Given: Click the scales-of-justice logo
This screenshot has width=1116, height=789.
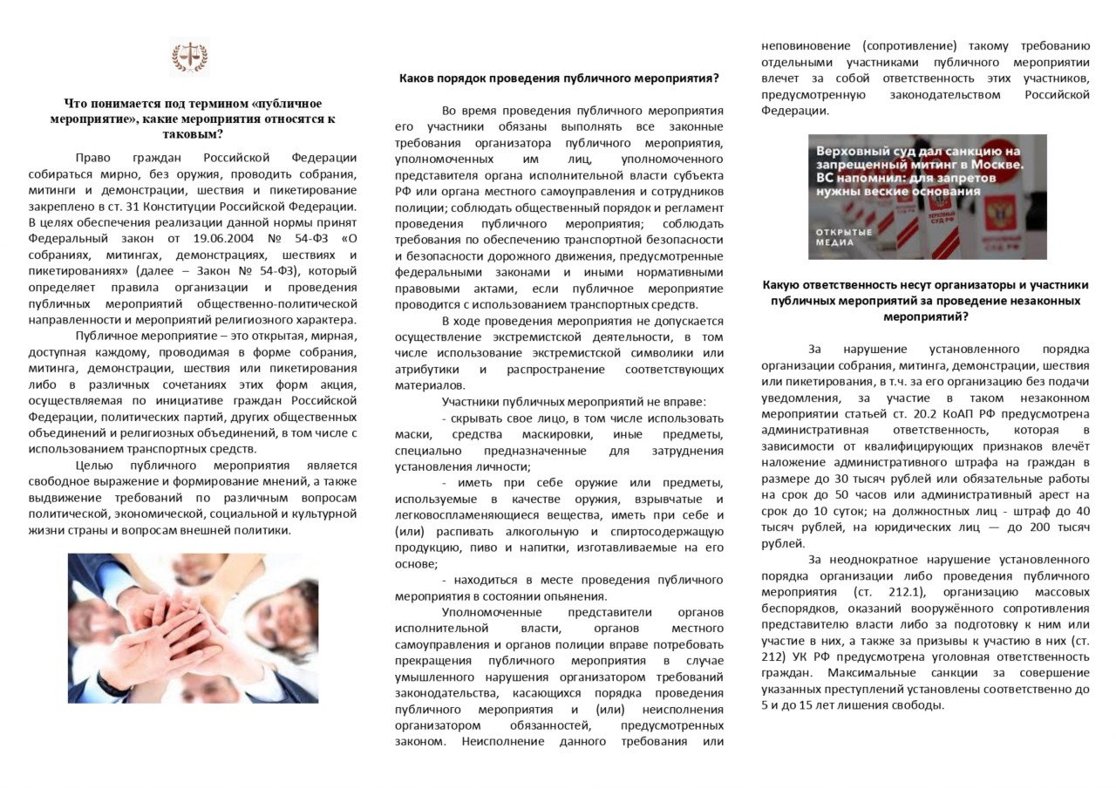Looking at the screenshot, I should tap(189, 58).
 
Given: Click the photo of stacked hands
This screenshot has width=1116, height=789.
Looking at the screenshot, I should tap(193, 628).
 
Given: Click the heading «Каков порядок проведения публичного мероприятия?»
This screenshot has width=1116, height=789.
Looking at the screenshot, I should tap(559, 78).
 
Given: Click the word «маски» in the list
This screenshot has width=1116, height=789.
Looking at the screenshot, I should tap(411, 434).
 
